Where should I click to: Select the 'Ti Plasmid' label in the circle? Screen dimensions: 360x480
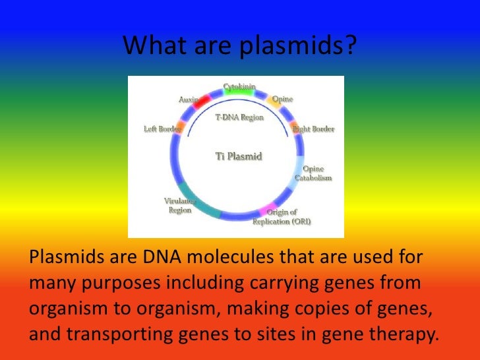[x=239, y=156]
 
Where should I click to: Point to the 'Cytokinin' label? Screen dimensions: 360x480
[x=239, y=86]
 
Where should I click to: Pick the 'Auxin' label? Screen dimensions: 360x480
[x=189, y=100]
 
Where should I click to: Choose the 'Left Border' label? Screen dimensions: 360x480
[x=162, y=129]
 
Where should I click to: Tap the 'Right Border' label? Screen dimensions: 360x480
[x=313, y=129]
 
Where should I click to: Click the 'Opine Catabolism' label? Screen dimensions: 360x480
[x=313, y=173]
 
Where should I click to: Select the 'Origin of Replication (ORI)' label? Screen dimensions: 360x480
[x=282, y=217]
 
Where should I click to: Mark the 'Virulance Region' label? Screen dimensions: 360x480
[x=179, y=205]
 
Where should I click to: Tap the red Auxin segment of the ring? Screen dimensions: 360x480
[x=201, y=102]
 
